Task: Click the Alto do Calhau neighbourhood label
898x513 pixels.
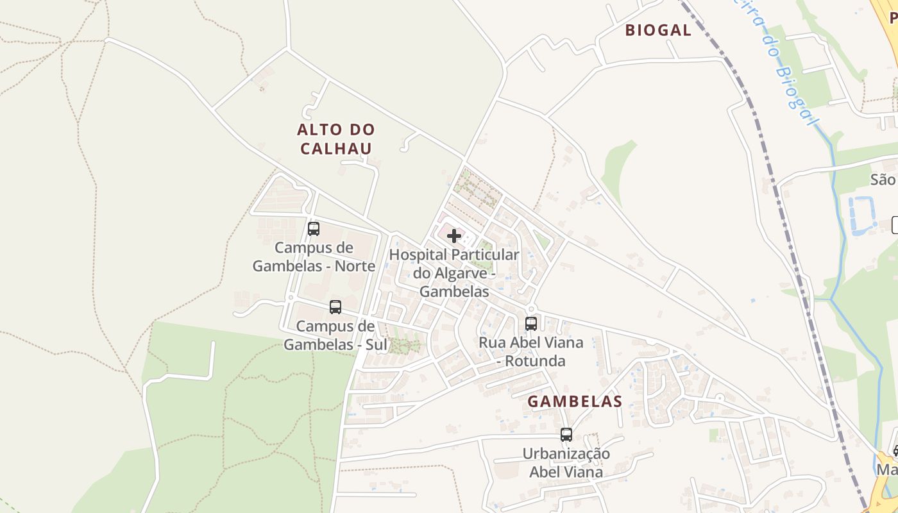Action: [x=335, y=139]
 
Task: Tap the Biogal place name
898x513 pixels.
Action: [x=658, y=30]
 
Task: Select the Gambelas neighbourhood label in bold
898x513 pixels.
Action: [x=575, y=401]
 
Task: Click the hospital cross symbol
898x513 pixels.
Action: [x=454, y=236]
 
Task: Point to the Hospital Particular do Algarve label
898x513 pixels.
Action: [x=454, y=273]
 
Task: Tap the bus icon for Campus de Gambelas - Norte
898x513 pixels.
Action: [x=314, y=228]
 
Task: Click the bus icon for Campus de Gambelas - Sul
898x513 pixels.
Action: [x=335, y=307]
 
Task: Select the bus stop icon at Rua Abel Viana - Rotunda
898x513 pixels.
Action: [x=531, y=323]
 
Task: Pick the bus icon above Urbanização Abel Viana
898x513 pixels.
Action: [x=566, y=434]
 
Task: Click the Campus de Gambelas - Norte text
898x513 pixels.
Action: [x=314, y=256]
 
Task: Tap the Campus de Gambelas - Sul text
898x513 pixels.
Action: [x=335, y=335]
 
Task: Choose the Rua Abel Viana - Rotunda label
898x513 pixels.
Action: [x=531, y=351]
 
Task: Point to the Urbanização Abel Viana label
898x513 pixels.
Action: [x=566, y=463]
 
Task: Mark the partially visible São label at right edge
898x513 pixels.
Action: [x=883, y=180]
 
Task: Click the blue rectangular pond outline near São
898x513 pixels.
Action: [x=862, y=214]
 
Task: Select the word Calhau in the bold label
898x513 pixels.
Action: [x=335, y=149]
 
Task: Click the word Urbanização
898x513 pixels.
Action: [x=566, y=454]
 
